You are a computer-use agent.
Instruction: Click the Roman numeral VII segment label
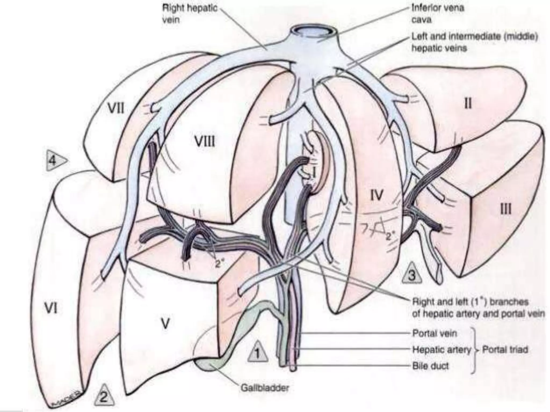point(116,109)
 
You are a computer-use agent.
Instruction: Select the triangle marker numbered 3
point(412,274)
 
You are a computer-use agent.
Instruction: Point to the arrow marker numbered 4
point(55,160)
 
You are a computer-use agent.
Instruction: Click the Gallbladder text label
point(264,388)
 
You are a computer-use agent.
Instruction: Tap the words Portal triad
point(505,350)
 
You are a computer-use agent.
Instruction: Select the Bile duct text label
point(430,366)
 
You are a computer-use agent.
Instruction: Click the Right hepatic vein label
point(190,13)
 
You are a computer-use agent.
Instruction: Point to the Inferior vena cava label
point(438,13)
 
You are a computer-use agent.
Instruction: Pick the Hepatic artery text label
point(442,350)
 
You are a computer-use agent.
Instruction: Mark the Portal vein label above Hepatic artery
point(434,333)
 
